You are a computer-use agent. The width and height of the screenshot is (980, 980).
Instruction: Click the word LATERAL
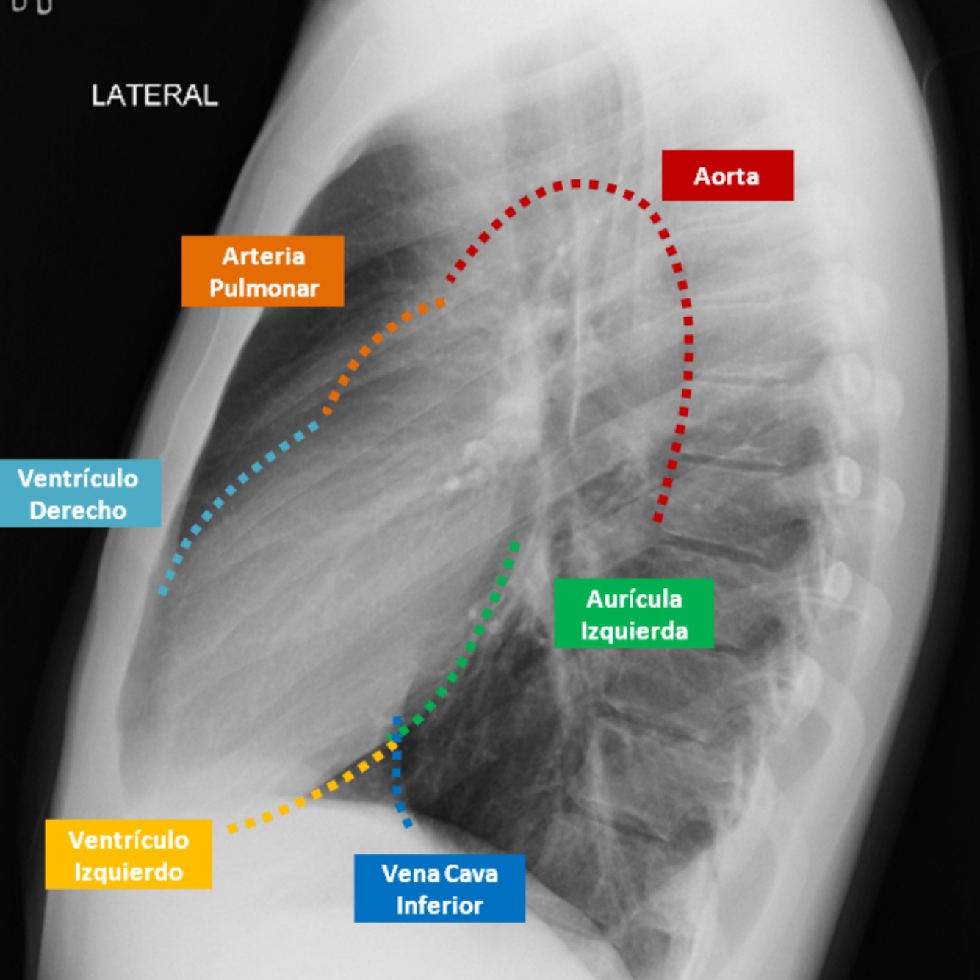pyautogui.click(x=154, y=96)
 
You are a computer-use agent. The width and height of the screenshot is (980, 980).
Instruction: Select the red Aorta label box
pyautogui.click(x=727, y=176)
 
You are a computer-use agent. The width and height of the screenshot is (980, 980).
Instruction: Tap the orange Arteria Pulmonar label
pyautogui.click(x=262, y=271)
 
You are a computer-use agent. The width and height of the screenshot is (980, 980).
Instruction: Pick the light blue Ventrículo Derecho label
pyautogui.click(x=79, y=494)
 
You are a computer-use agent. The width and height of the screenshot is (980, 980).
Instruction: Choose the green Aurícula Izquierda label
pyautogui.click(x=633, y=614)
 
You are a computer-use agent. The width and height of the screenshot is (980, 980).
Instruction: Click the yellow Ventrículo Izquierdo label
pyautogui.click(x=129, y=855)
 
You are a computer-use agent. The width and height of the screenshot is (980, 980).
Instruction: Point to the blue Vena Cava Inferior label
pyautogui.click(x=439, y=888)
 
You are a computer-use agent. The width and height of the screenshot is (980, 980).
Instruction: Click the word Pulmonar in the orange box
pyautogui.click(x=264, y=288)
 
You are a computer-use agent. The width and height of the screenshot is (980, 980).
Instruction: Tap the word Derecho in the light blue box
pyautogui.click(x=78, y=510)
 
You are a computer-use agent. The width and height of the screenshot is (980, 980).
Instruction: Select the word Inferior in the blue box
pyautogui.click(x=439, y=905)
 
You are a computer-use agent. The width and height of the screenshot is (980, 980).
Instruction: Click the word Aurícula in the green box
pyautogui.click(x=634, y=599)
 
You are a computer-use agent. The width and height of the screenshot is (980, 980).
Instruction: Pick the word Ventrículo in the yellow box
pyautogui.click(x=129, y=840)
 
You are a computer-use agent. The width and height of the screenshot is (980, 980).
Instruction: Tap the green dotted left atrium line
pyautogui.click(x=470, y=646)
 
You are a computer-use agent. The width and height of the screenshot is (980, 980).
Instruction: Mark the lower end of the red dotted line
pyautogui.click(x=658, y=518)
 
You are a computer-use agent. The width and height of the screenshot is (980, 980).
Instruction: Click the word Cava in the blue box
pyautogui.click(x=471, y=873)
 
